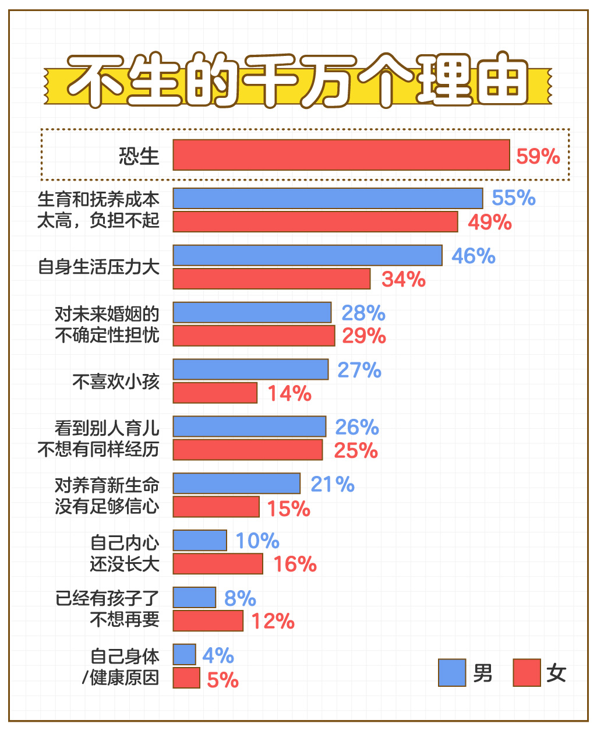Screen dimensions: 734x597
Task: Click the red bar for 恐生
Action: [x=341, y=155]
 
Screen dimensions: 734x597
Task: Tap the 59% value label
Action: [x=538, y=156]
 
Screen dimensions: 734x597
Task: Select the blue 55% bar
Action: [x=328, y=198]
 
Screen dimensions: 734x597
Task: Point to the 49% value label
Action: [x=489, y=222]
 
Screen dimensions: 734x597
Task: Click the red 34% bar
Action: [x=271, y=278]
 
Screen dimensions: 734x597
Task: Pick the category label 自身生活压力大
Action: [x=98, y=267]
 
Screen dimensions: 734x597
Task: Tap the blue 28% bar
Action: [x=252, y=312]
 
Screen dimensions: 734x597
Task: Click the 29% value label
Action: [x=363, y=336]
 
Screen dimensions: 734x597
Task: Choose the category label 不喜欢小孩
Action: [x=115, y=382]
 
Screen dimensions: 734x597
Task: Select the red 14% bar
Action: [x=215, y=393]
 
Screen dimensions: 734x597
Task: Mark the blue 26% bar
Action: [x=249, y=426]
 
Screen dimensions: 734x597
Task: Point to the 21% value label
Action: [x=332, y=484]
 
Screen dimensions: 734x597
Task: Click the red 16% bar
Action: [x=218, y=564]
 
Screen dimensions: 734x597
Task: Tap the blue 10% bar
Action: [x=200, y=541]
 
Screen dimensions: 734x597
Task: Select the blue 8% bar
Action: [x=195, y=598]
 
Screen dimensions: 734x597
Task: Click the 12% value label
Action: [x=273, y=621]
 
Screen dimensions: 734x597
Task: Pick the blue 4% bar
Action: [x=185, y=655]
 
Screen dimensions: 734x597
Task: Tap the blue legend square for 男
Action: [x=452, y=673]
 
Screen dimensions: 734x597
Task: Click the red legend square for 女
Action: [x=527, y=673]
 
